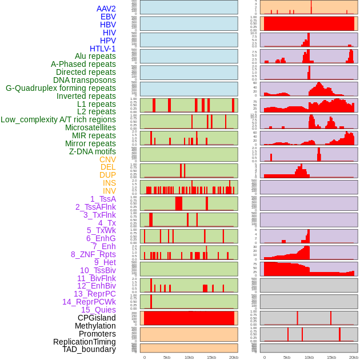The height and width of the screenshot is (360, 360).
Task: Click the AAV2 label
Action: pos(106,9)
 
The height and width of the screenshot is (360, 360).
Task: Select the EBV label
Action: pos(108,17)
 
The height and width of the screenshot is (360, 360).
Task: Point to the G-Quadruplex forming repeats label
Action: pos(61,88)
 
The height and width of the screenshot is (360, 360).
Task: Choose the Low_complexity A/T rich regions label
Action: pos(58,119)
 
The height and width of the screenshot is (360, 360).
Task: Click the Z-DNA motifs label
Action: pos(92,151)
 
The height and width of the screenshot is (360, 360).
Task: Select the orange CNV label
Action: pos(107,159)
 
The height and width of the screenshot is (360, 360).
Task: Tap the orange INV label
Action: pos(109,191)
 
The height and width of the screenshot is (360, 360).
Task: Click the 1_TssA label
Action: pos(103,199)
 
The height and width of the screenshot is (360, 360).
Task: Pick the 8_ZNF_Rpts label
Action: pos(93,254)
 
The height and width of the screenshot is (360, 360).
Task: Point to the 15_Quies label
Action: pos(98,310)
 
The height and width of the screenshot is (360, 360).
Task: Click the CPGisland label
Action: pos(97,318)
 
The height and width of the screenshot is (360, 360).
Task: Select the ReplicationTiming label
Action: pos(84,342)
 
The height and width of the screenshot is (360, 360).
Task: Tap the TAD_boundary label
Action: pos(89,349)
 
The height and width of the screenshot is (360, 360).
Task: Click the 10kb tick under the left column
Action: pos(189,357)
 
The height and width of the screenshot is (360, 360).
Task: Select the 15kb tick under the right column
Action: pos(331,357)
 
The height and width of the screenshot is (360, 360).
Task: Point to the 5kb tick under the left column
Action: pos(167,357)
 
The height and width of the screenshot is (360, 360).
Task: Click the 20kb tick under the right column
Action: pos(353,357)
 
